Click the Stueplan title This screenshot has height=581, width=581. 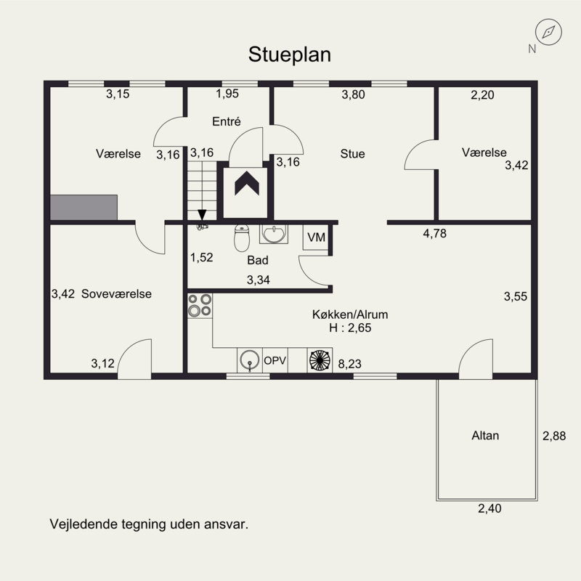pos(289,55)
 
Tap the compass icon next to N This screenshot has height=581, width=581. pos(548,32)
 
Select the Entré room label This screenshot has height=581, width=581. pos(227,121)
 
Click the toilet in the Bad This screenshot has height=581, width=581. pos(242,238)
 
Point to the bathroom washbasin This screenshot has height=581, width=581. pos(274,234)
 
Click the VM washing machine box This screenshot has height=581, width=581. pos(316,237)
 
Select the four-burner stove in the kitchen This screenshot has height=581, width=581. pos(200,305)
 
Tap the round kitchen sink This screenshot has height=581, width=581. pos(249,359)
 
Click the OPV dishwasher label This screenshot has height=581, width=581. pos(275,360)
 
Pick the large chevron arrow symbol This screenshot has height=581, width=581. pos(247,184)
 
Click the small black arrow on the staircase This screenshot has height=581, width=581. pos(202,215)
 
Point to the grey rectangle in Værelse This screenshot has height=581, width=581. pos(84,208)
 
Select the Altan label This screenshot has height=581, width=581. pos(485,435)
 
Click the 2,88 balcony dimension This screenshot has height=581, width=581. pos(554,436)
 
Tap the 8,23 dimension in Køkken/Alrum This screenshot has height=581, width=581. pos(349,364)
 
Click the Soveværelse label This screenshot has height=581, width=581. pos(116,294)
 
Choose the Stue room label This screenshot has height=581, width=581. pos(352,153)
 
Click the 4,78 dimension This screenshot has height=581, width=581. pos(434,233)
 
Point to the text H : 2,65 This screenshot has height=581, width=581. pos(350,328)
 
